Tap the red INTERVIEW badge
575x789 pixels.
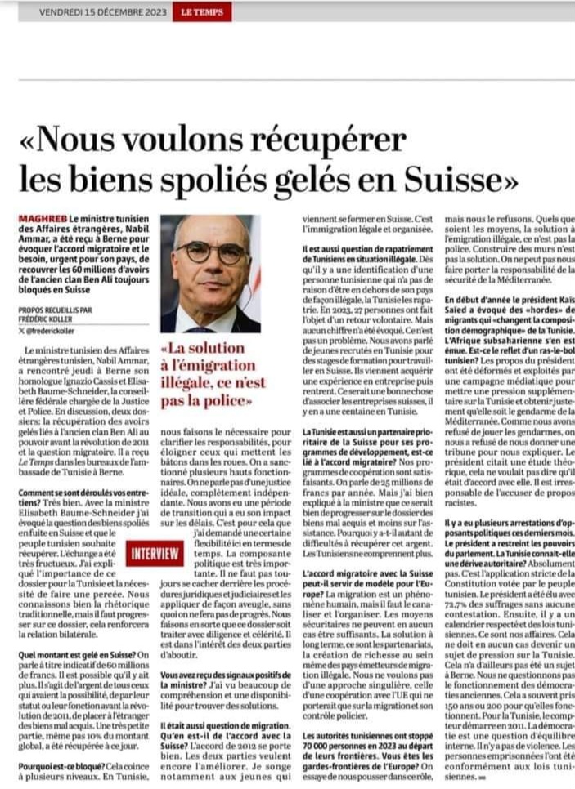[155, 554]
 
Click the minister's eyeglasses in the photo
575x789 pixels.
[210, 252]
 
